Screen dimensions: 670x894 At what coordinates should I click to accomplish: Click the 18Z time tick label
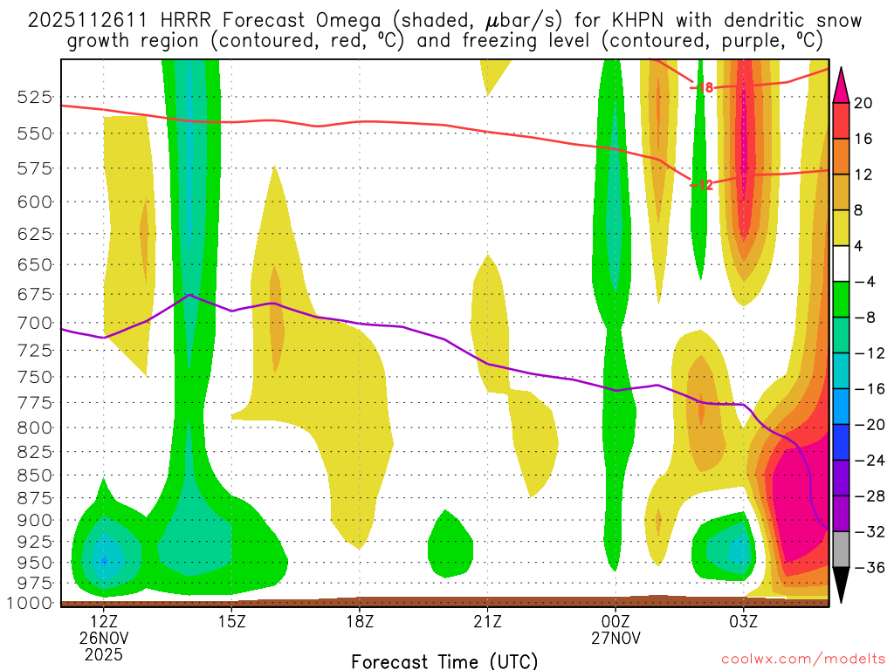[360, 623]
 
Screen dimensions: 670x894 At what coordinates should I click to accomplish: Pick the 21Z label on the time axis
[487, 623]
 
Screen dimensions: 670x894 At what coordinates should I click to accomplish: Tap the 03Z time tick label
[744, 623]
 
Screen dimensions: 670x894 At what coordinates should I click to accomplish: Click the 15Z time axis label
[231, 623]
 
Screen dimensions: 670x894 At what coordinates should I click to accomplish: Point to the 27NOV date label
[615, 639]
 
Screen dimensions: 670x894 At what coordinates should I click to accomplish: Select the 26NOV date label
[104, 639]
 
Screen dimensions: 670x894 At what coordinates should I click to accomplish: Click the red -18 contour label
[703, 87]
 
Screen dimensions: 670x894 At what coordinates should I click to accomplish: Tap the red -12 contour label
[703, 185]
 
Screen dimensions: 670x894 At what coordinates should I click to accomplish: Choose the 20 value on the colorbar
[863, 103]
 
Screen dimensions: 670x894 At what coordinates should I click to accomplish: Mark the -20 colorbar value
[865, 425]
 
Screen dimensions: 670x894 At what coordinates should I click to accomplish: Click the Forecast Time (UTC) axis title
[444, 660]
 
